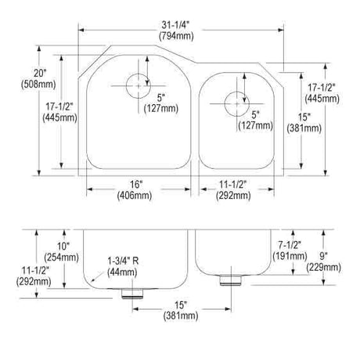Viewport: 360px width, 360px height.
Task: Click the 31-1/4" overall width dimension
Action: click(x=175, y=25)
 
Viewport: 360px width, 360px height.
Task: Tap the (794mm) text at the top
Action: click(x=176, y=36)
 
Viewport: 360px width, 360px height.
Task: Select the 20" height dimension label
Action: click(x=40, y=73)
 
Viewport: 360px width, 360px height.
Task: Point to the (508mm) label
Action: click(x=38, y=85)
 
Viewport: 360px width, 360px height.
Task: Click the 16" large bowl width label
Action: click(x=136, y=185)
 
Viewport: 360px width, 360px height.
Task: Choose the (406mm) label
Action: click(x=135, y=196)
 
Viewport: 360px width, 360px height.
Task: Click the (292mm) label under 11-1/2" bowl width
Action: click(x=233, y=196)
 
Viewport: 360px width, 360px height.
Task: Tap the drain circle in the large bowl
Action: click(x=139, y=86)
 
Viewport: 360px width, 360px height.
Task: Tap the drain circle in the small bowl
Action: click(x=237, y=104)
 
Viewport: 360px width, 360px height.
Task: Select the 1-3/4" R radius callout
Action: click(x=123, y=261)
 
